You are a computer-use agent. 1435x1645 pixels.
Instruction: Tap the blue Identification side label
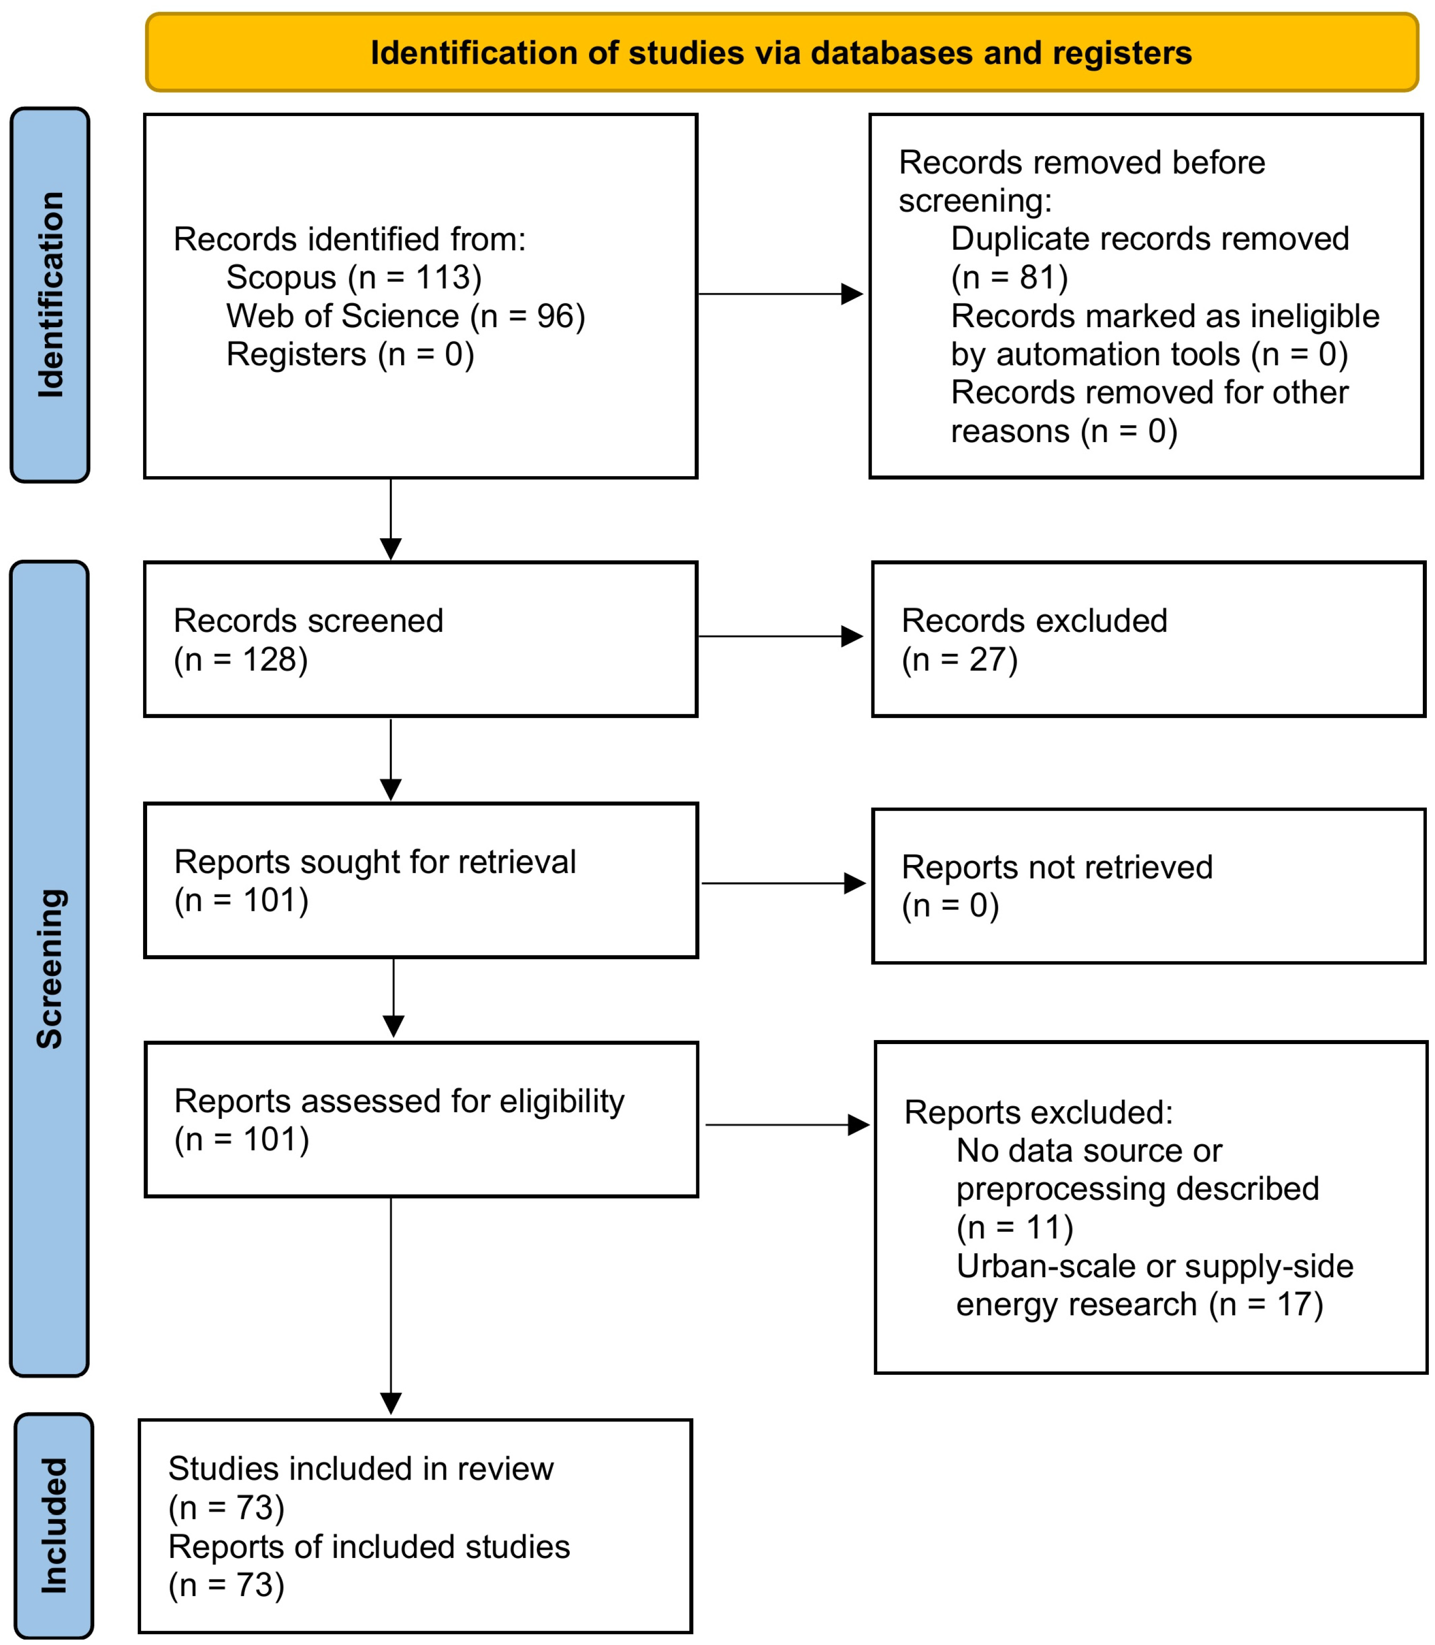[x=50, y=295]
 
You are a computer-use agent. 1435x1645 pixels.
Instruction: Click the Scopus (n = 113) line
[x=353, y=278]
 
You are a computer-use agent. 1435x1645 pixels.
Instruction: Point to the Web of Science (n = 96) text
[x=405, y=316]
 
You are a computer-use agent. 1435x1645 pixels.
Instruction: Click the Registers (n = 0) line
[x=350, y=355]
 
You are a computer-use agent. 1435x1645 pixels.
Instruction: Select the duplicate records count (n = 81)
[x=1009, y=278]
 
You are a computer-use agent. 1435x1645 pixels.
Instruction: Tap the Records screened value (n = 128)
[x=240, y=659]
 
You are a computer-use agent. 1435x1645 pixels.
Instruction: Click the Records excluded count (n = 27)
[x=960, y=659]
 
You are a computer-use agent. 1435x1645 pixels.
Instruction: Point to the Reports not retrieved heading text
[x=1056, y=867]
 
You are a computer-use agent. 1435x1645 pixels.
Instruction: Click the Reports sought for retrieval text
[x=375, y=862]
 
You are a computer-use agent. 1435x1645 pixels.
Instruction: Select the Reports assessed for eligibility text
[x=399, y=1102]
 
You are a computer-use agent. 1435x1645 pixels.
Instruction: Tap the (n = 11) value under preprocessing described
[x=1014, y=1227]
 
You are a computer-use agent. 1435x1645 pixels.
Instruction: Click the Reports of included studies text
[x=369, y=1546]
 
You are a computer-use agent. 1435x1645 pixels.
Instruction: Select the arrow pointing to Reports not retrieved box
[x=782, y=884]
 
